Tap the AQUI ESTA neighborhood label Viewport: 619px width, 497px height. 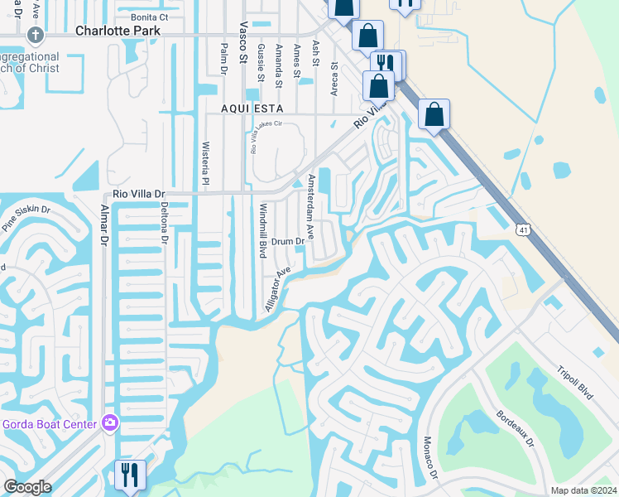[252, 109]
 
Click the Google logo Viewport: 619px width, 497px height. [26, 487]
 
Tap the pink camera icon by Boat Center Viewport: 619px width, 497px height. [110, 424]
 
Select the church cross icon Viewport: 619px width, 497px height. [35, 35]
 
